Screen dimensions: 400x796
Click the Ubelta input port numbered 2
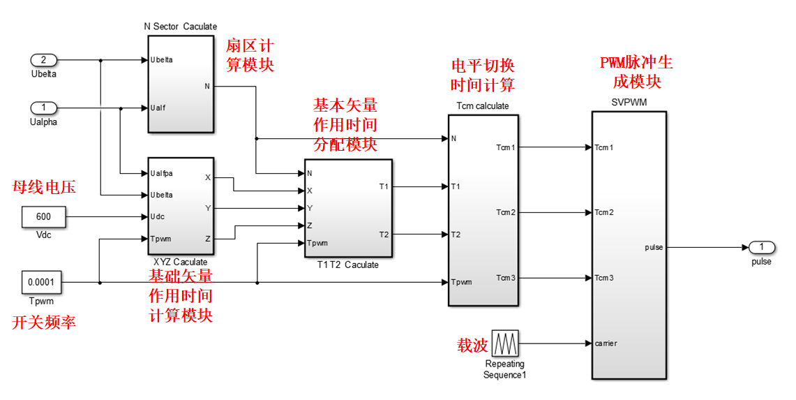coord(44,60)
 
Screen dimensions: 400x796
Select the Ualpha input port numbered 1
coord(44,108)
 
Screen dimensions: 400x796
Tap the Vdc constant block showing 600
coord(44,217)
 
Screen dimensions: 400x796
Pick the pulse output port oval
coord(762,247)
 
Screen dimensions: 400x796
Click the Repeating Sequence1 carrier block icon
coord(504,343)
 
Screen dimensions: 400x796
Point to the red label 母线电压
coord(45,187)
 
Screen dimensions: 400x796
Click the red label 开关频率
coord(45,323)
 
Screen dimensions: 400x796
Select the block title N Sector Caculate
coord(180,27)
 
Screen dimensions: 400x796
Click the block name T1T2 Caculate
coord(347,265)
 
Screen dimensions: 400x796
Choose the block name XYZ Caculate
coord(180,262)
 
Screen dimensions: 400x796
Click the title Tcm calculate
coord(483,106)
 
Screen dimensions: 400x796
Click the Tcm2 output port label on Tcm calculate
coord(505,212)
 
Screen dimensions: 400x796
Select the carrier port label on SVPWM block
coord(606,343)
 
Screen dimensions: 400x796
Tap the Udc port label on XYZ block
coord(158,217)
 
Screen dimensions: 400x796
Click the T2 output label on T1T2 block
coord(384,235)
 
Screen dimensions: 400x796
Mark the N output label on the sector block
coord(207,87)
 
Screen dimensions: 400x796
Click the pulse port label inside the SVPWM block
coord(654,247)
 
